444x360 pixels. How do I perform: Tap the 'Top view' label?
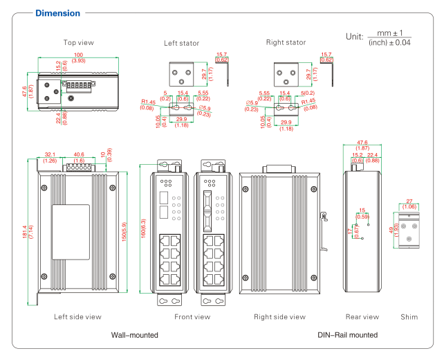point(79,43)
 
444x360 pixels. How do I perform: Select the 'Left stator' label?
point(181,43)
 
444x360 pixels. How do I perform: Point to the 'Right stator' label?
point(286,43)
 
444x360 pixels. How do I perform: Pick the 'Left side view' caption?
point(78,317)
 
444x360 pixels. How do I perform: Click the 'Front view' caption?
point(192,317)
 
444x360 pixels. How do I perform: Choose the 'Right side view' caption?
point(279,317)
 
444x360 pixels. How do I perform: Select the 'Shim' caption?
point(409,317)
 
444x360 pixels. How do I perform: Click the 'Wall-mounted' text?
point(135,335)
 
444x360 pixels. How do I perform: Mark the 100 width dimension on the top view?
point(79,54)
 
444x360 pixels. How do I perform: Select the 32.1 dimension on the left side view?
point(49,154)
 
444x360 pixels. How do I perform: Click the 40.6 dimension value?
point(78,154)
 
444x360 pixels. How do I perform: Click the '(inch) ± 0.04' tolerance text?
point(389,43)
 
